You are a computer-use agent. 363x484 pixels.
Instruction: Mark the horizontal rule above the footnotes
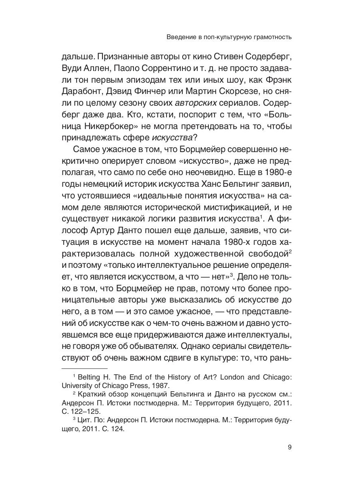[x=84, y=368]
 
